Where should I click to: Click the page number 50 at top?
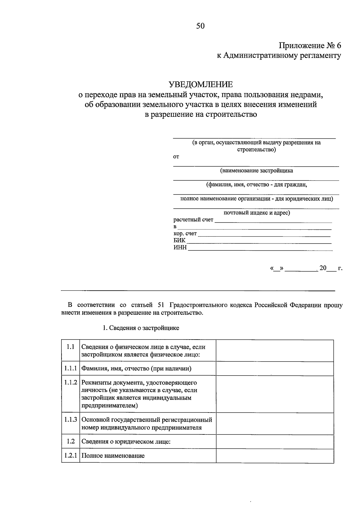[x=200, y=26]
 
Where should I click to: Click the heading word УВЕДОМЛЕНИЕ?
[x=200, y=84]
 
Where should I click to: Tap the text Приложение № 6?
[x=310, y=46]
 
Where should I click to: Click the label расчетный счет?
[x=193, y=220]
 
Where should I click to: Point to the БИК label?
[x=179, y=240]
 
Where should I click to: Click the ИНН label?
[x=180, y=247]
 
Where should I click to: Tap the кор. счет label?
[x=185, y=234]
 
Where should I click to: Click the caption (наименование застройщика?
[x=256, y=171]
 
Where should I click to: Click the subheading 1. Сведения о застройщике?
[x=141, y=328]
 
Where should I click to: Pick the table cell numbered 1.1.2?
[x=70, y=382]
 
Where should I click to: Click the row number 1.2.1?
[x=70, y=455]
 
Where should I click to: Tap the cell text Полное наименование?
[x=113, y=456]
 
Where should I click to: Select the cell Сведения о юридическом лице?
[x=126, y=442]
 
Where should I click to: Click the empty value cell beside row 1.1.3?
[x=274, y=423]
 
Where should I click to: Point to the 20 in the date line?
[x=322, y=268]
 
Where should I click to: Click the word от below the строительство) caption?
[x=176, y=157]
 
